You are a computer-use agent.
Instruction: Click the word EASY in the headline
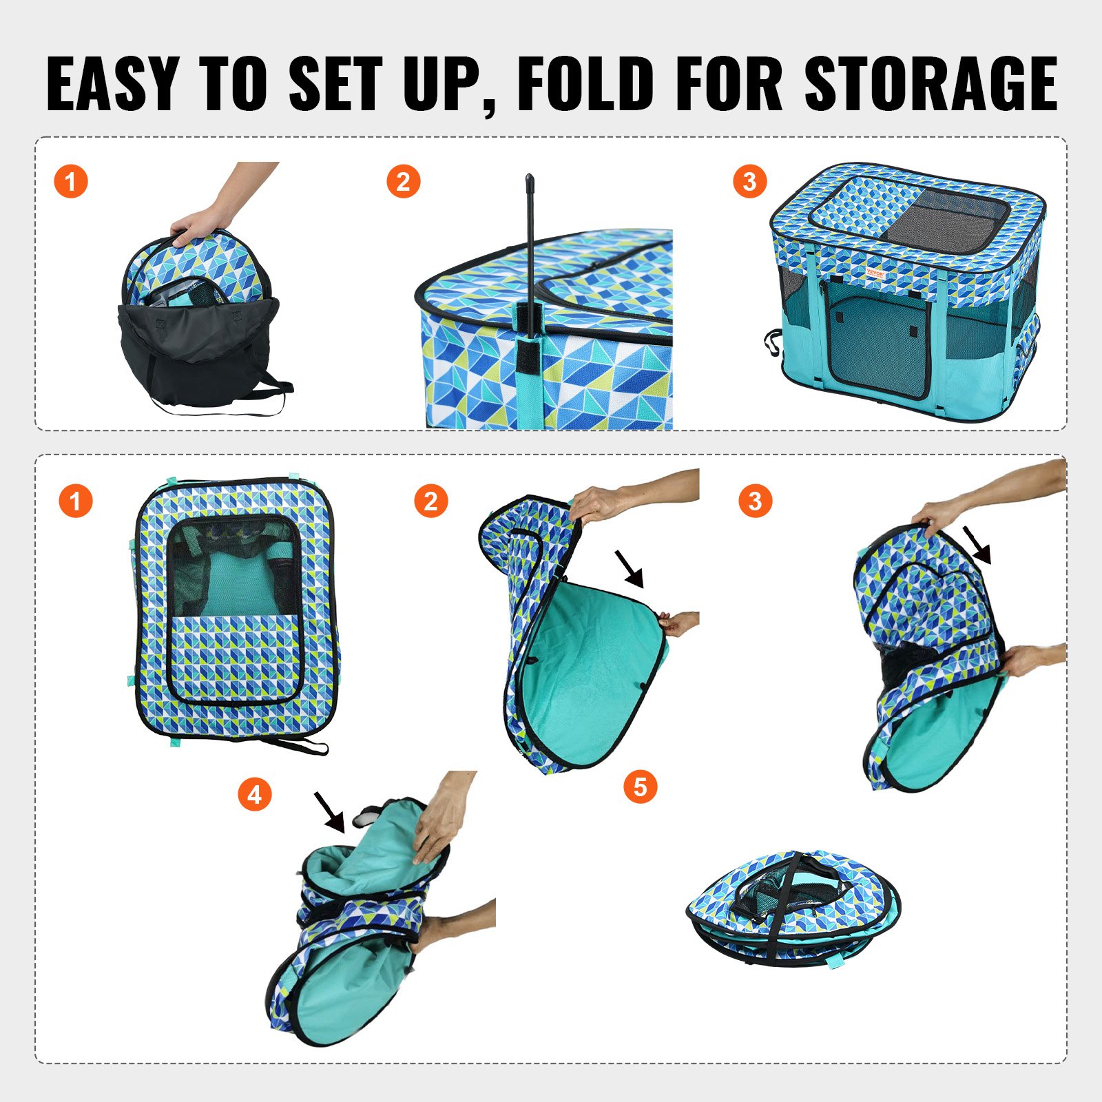pos(112,83)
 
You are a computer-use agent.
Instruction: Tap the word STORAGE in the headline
pos(931,83)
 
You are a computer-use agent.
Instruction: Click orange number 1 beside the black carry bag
pos(71,182)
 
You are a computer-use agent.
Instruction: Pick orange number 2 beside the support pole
pos(404,182)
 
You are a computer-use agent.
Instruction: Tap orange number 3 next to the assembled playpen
pos(750,182)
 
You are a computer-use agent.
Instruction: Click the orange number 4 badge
pos(255,795)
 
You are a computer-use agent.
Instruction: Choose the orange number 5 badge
pos(641,787)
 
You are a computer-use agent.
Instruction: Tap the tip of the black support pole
pos(530,180)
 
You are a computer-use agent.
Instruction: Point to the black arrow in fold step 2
pos(630,569)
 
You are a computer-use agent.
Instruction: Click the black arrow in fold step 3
pos(977,545)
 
